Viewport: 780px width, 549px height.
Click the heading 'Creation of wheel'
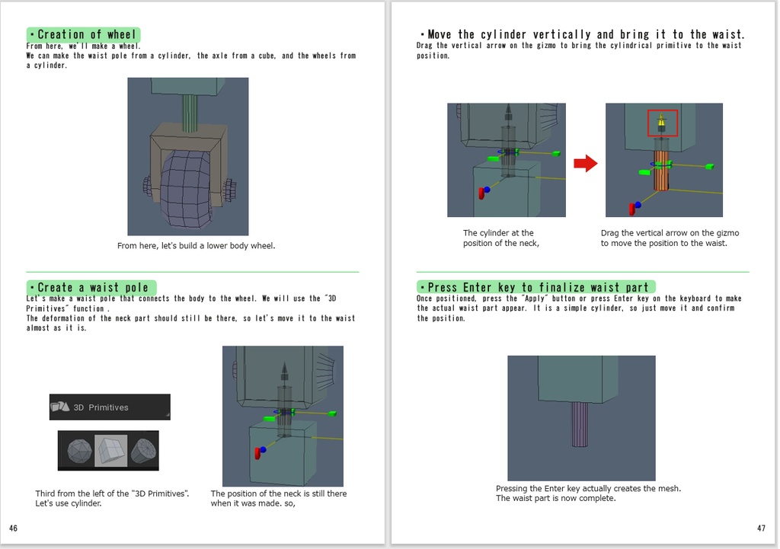coord(84,34)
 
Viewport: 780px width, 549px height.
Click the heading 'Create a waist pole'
coord(91,287)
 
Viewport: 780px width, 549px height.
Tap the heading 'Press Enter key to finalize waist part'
coord(535,287)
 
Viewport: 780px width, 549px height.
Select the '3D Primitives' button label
coord(101,407)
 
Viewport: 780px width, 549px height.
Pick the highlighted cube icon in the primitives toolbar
coord(110,451)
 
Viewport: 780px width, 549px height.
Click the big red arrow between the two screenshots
coord(585,163)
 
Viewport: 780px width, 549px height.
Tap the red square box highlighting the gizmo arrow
coord(662,123)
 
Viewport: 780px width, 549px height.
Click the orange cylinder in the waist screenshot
coord(660,171)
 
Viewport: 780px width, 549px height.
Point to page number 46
coord(14,528)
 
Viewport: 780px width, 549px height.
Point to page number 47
coord(761,528)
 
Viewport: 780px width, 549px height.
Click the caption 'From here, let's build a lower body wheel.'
coord(196,246)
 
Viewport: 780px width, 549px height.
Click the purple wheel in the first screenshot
coord(185,190)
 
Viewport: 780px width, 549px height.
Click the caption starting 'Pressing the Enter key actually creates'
coord(588,493)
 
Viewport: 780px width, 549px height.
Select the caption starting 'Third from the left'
coord(112,499)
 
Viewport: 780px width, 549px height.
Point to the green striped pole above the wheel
coord(190,113)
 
